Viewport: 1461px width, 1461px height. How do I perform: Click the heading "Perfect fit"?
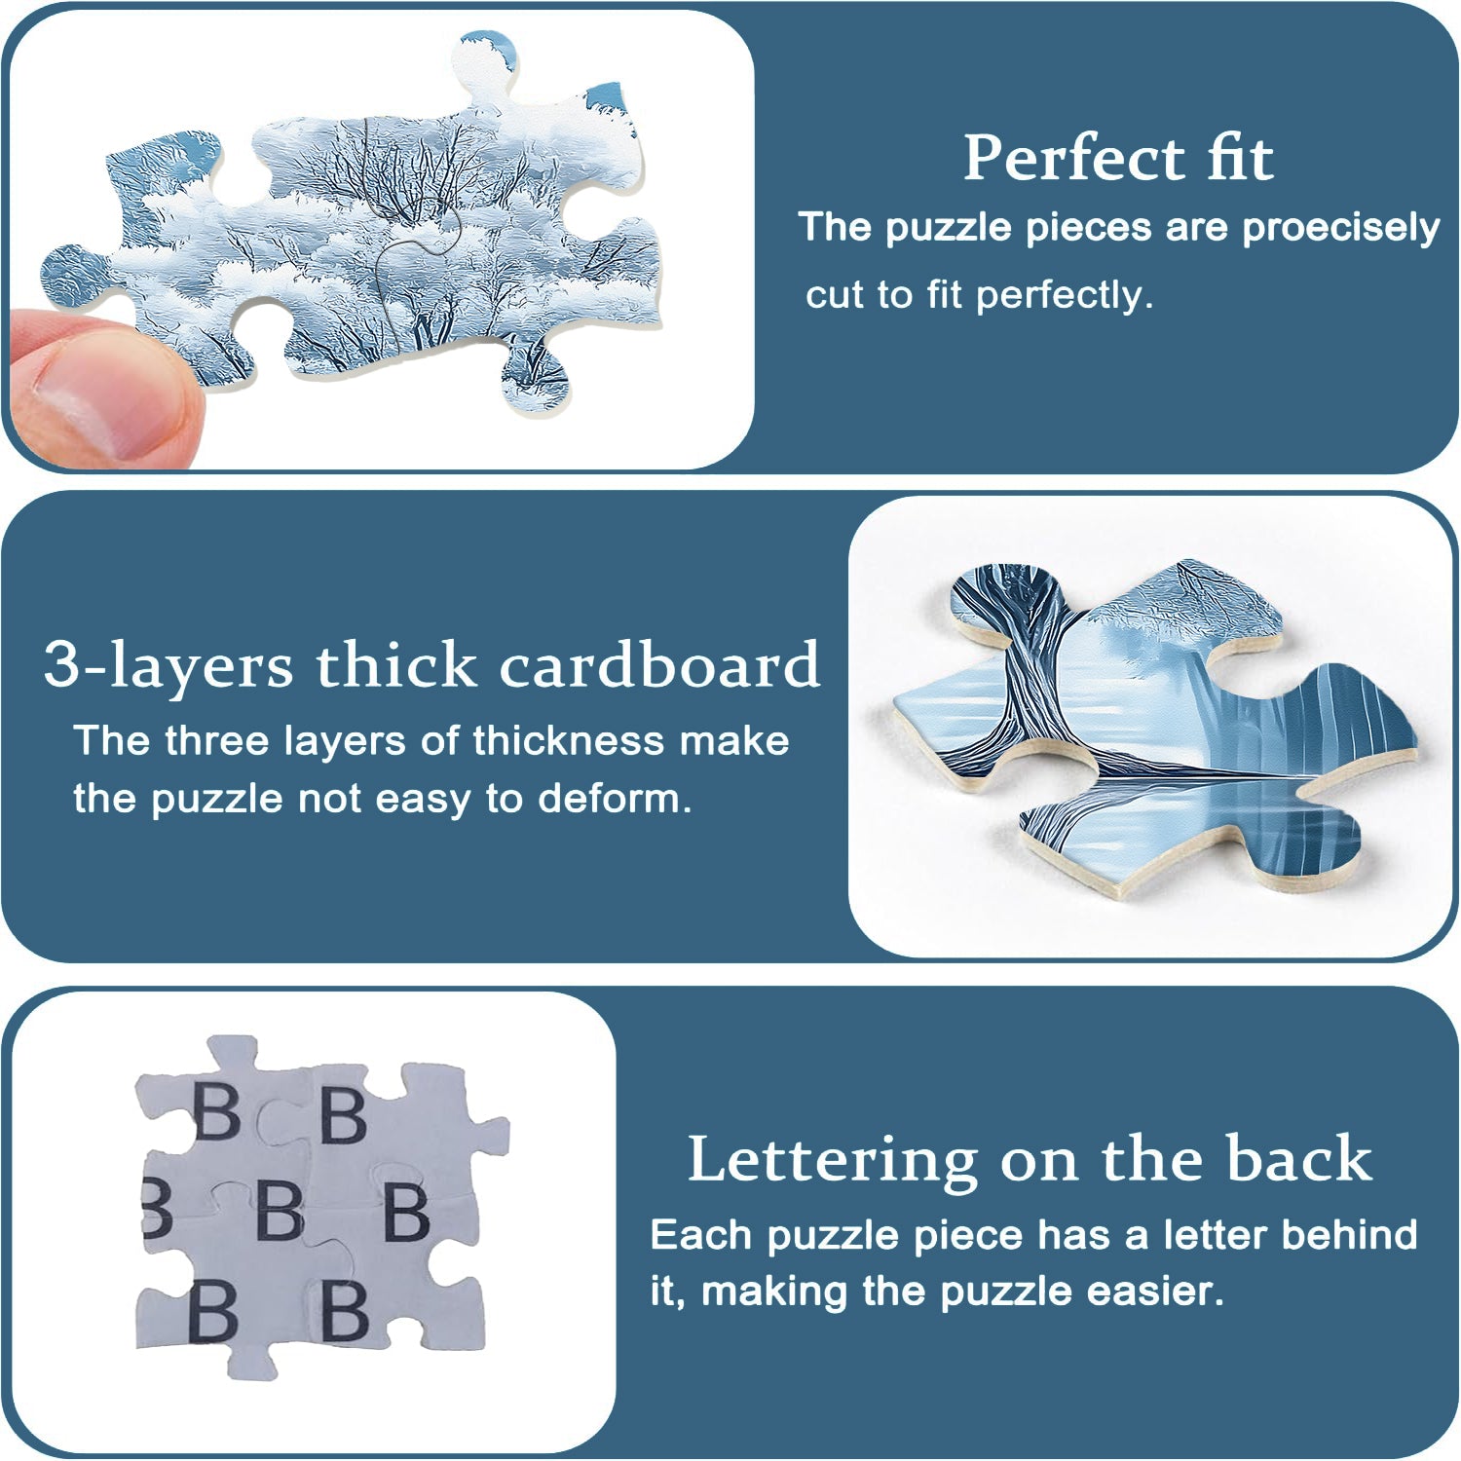(1118, 158)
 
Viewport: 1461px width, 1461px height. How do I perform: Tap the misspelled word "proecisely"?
(1340, 228)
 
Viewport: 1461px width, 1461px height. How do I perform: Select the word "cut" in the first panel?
(835, 294)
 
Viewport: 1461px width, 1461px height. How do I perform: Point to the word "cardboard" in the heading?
(659, 665)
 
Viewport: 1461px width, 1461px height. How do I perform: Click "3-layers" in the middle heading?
(169, 666)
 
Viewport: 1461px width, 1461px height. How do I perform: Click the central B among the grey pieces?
(280, 1210)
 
